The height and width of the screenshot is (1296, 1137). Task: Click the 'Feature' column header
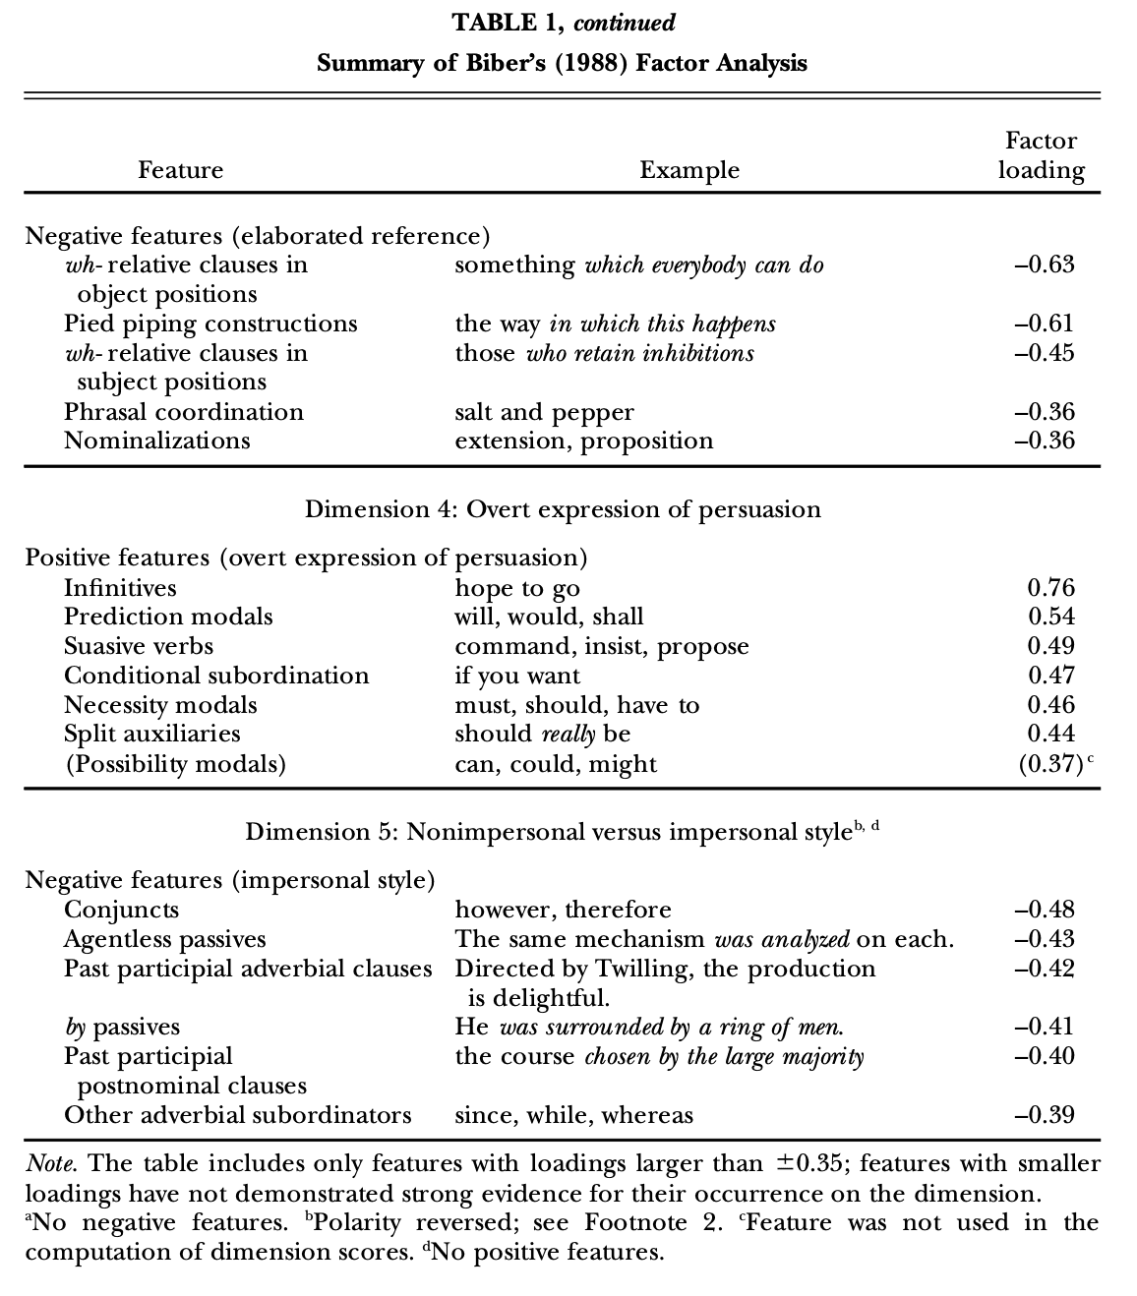pyautogui.click(x=180, y=170)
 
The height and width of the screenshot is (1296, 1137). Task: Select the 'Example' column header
pyautogui.click(x=688, y=170)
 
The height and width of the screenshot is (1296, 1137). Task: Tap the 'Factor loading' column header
pyautogui.click(x=1041, y=155)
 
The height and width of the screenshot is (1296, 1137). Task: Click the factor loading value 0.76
pyautogui.click(x=1050, y=588)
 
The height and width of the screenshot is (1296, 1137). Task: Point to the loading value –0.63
pyautogui.click(x=1044, y=265)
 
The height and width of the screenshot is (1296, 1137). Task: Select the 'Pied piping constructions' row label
pyautogui.click(x=210, y=324)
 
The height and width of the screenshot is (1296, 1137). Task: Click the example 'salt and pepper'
pyautogui.click(x=544, y=412)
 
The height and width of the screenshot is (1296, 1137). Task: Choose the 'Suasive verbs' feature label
pyautogui.click(x=139, y=646)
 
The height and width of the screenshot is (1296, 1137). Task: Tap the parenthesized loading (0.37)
pyautogui.click(x=1050, y=764)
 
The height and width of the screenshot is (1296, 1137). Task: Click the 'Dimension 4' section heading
pyautogui.click(x=562, y=509)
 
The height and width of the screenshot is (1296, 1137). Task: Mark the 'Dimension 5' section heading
pyautogui.click(x=562, y=832)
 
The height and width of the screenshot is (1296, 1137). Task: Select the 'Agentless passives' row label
pyautogui.click(x=165, y=939)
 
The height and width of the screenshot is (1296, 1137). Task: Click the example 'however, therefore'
pyautogui.click(x=563, y=910)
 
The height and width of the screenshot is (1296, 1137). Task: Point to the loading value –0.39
pyautogui.click(x=1044, y=1115)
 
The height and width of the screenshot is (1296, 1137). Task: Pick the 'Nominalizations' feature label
pyautogui.click(x=157, y=441)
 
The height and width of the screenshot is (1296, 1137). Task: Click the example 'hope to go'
pyautogui.click(x=516, y=588)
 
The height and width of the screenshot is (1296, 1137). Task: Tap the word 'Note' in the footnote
pyautogui.click(x=50, y=1164)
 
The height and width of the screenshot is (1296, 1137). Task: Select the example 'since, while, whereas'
pyautogui.click(x=573, y=1115)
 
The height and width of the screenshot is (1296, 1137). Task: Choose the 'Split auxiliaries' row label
pyautogui.click(x=152, y=734)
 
